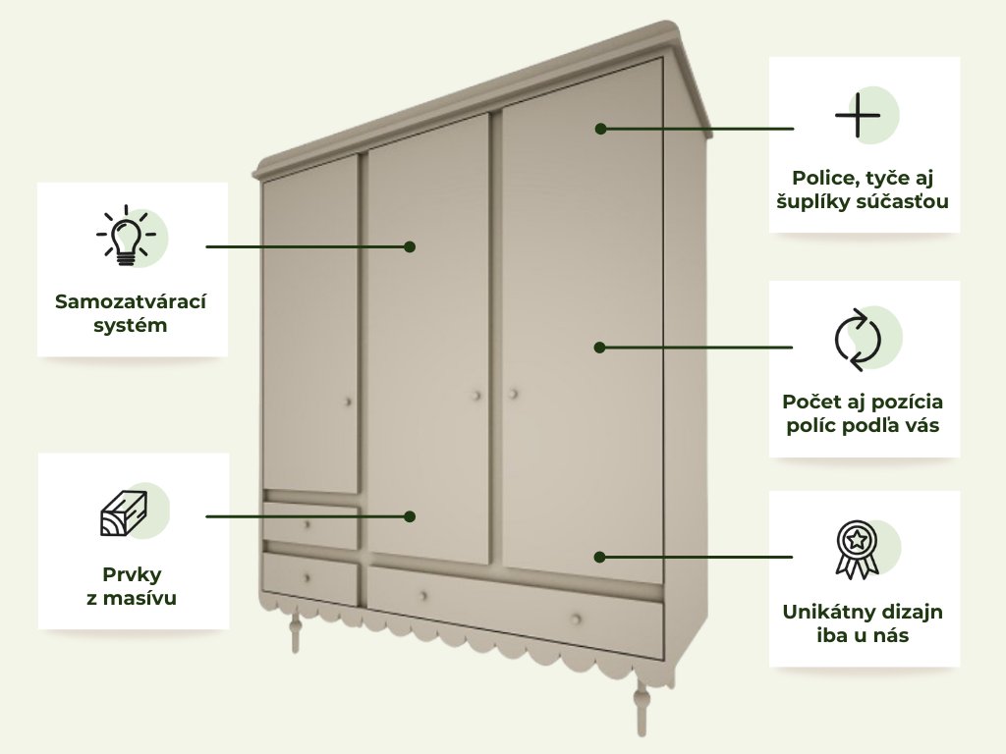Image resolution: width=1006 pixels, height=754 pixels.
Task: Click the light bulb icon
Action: pos(125,237)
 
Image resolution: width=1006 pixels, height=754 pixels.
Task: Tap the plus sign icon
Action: pos(858,116)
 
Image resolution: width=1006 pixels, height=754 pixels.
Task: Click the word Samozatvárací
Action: pos(132,300)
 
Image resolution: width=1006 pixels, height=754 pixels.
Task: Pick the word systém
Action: pos(131,325)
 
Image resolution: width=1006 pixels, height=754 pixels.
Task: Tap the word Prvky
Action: pos(132,573)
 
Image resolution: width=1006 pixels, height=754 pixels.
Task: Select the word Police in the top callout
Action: pos(822,178)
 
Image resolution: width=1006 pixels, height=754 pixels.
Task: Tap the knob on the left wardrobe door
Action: pos(348,402)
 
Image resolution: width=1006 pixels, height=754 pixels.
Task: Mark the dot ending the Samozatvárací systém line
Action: pos(411,246)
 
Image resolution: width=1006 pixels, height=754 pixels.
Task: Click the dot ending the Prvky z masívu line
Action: pos(411,515)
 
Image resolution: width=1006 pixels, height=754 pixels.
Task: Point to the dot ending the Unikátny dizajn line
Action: pos(600,557)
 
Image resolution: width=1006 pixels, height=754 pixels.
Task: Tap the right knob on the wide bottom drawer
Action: pos(576,619)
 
